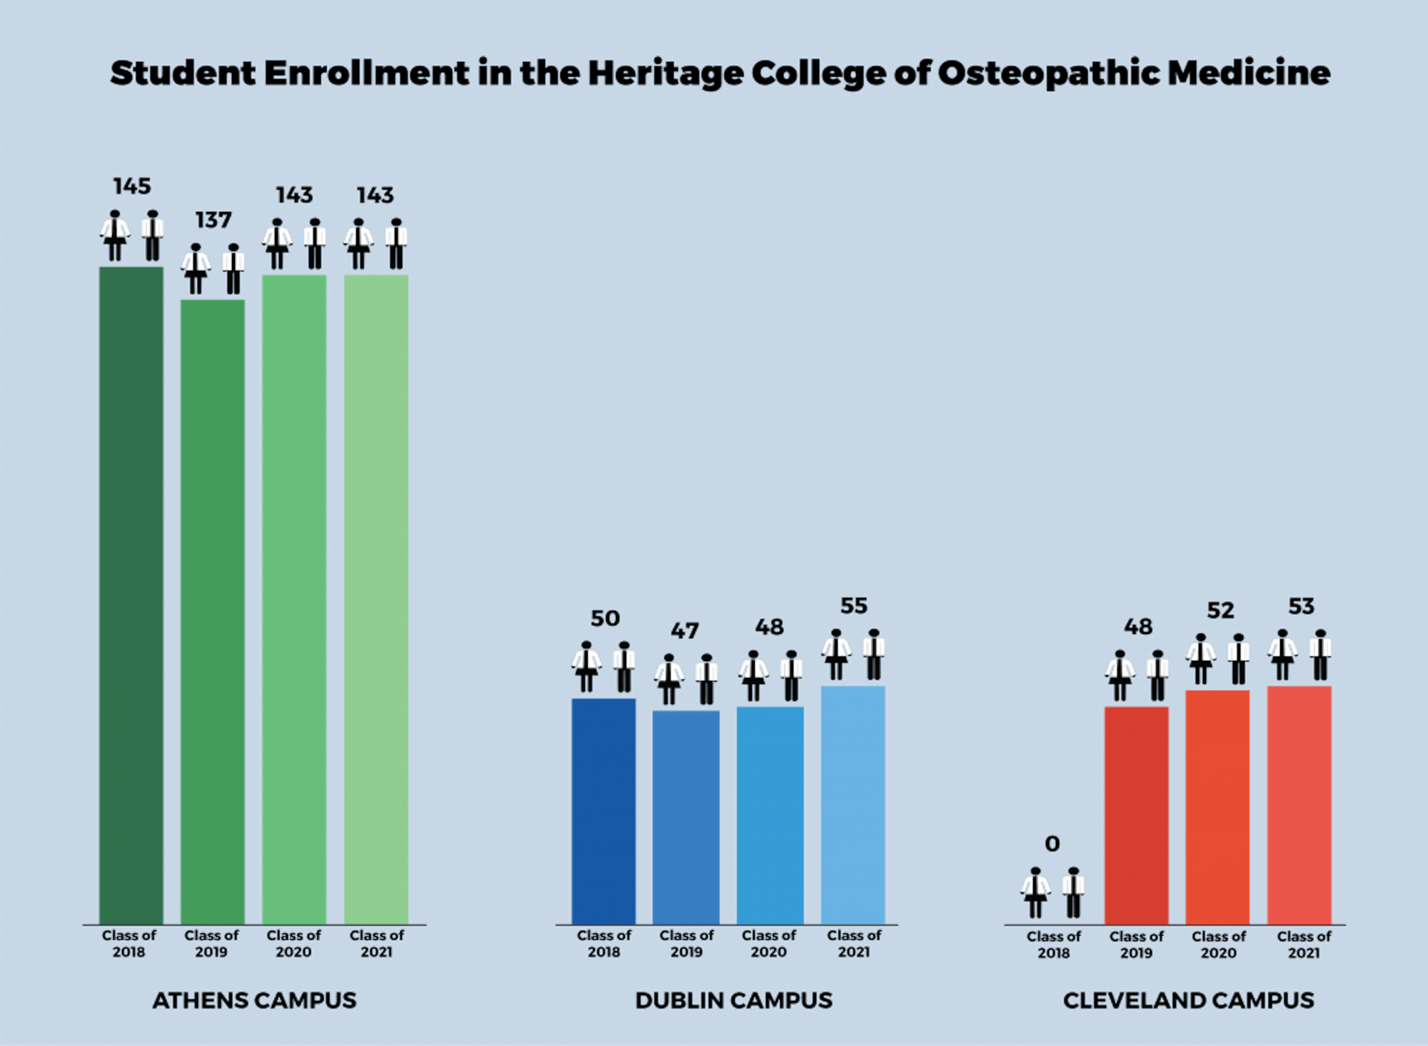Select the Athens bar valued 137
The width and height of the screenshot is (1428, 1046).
click(x=213, y=611)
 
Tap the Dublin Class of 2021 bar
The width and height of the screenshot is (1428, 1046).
click(x=853, y=805)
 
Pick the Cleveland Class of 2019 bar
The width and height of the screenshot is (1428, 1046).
click(x=1137, y=815)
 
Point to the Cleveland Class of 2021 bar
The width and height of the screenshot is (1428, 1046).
click(x=1299, y=805)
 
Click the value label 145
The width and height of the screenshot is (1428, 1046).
click(x=132, y=186)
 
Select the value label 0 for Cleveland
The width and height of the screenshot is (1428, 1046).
click(x=1052, y=844)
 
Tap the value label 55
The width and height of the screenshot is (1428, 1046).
click(x=854, y=606)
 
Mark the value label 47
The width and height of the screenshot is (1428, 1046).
click(x=685, y=631)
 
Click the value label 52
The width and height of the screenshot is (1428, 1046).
click(x=1220, y=610)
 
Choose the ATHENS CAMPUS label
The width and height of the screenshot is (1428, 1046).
click(x=254, y=1000)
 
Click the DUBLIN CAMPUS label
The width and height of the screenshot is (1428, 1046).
click(x=734, y=1000)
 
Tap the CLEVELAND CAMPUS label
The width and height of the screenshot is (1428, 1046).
click(x=1188, y=1000)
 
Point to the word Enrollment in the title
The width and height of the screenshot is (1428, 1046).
click(x=366, y=73)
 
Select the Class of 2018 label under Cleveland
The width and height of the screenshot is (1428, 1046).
click(x=1054, y=944)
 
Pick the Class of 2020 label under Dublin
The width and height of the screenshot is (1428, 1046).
click(x=769, y=943)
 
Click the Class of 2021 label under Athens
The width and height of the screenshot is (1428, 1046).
click(x=377, y=943)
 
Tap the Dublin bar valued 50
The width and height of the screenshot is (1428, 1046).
click(x=604, y=811)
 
